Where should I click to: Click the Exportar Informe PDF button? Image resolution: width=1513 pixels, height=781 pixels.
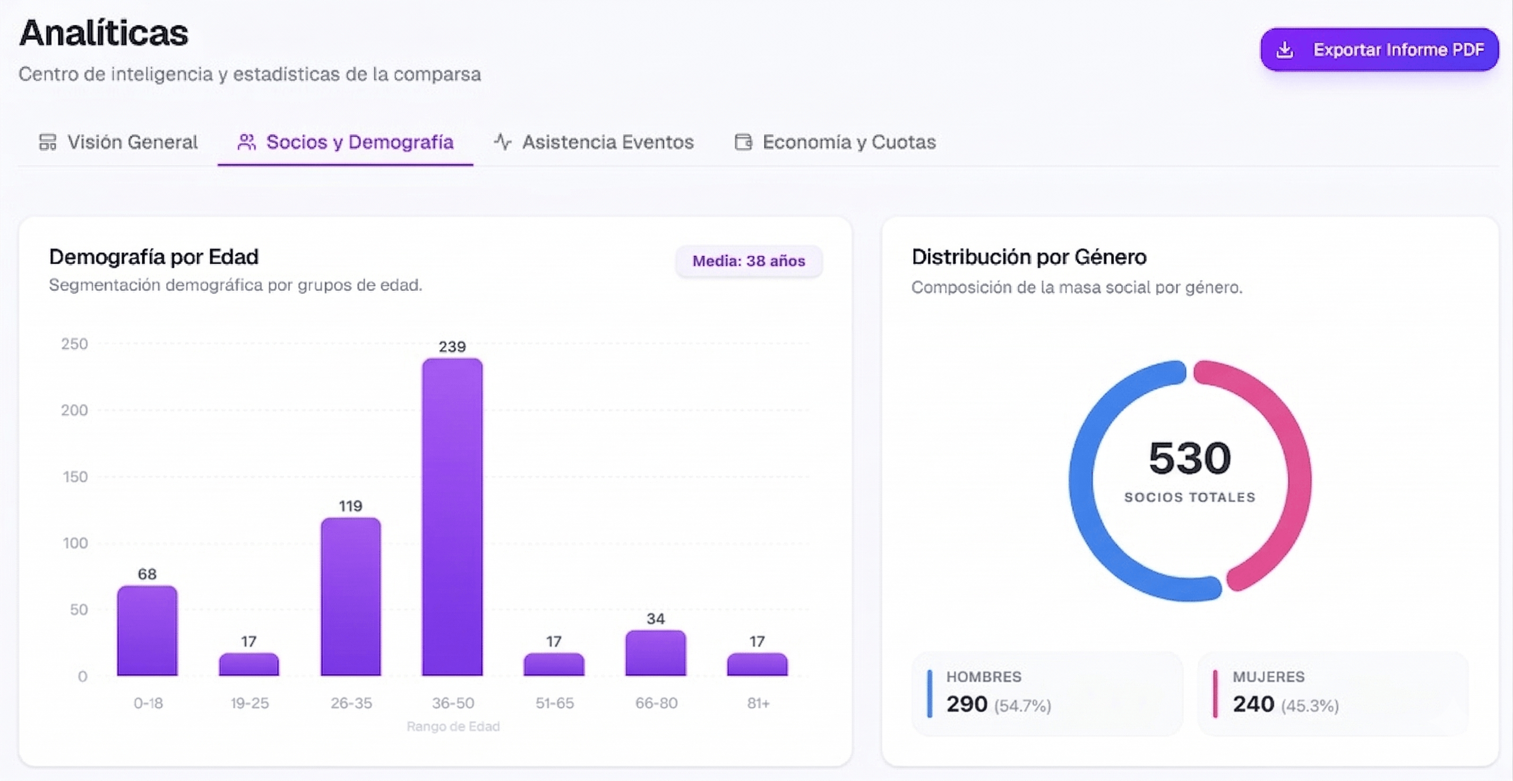(x=1379, y=50)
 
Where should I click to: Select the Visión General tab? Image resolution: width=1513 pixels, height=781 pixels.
(x=118, y=142)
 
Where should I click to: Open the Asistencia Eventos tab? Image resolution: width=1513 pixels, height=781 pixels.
(x=594, y=142)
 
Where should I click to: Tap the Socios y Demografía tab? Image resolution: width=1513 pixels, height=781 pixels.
(x=346, y=142)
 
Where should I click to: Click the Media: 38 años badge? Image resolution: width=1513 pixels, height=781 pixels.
(x=749, y=261)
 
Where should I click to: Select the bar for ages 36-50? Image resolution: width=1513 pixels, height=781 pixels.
(x=452, y=517)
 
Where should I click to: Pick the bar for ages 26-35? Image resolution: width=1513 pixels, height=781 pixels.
(x=351, y=596)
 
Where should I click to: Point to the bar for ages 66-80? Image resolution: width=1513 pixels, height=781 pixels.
(x=656, y=653)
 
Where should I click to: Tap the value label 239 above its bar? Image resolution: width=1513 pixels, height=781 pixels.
(x=452, y=346)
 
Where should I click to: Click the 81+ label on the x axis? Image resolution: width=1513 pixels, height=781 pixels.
(x=758, y=703)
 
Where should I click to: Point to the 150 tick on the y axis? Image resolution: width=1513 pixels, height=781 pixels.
(x=75, y=477)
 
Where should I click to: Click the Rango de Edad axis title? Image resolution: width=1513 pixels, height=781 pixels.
(x=453, y=726)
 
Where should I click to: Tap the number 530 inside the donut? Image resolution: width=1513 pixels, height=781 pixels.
(x=1189, y=458)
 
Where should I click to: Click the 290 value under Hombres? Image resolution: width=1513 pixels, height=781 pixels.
(x=967, y=704)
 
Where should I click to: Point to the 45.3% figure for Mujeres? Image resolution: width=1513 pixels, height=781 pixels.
(x=1310, y=705)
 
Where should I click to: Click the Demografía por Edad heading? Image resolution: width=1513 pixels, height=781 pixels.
(x=154, y=257)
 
